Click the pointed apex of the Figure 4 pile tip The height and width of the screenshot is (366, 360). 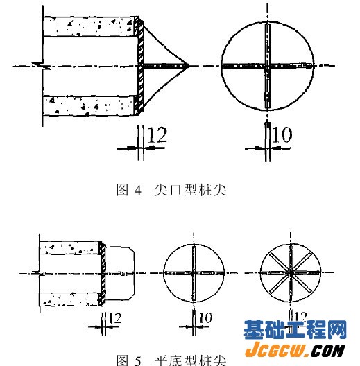pos(188,66)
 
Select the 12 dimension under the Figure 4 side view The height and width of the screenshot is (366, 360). pos(157,134)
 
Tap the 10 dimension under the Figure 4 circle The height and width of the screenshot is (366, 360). pos(282,134)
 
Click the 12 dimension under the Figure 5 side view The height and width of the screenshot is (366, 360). pos(115,318)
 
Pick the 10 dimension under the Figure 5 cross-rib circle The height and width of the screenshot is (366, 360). pos(205,317)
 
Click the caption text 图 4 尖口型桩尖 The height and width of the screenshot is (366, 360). pos(171,189)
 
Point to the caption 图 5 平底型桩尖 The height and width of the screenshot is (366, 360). pos(171,360)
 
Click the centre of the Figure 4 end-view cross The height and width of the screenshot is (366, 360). pos(268,66)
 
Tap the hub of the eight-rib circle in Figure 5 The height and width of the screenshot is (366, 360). pos(291,272)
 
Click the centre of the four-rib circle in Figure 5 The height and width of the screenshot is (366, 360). pos(194,273)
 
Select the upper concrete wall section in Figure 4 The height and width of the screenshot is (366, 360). pos(90,26)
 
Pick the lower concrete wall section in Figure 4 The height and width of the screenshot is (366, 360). pos(89,105)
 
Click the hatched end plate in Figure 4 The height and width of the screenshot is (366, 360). pos(140,66)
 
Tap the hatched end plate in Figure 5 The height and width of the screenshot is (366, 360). pos(103,273)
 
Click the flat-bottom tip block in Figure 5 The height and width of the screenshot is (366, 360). pos(120,273)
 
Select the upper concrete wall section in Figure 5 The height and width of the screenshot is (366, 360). pos(70,247)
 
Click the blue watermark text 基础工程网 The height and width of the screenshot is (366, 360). pos(295,329)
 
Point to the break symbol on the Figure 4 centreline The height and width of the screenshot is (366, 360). pos(42,66)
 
